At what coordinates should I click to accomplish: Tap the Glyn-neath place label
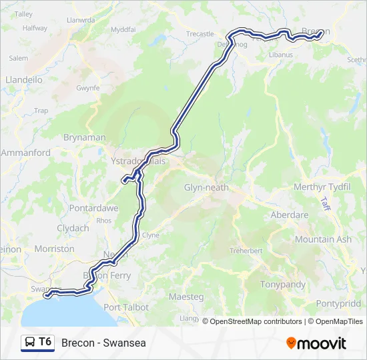[x=206, y=187]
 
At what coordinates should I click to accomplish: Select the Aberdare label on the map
[x=289, y=215]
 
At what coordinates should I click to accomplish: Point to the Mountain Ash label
[x=323, y=239]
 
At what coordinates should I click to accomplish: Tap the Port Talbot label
[x=126, y=307]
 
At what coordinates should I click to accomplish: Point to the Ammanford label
[x=26, y=153]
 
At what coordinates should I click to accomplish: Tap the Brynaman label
[x=84, y=137]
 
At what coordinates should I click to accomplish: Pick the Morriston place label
[x=54, y=249]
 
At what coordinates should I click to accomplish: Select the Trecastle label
[x=200, y=34]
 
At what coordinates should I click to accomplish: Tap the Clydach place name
[x=73, y=228]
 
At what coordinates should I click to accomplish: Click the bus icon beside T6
[x=30, y=342]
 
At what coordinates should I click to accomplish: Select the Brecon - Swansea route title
[x=103, y=343]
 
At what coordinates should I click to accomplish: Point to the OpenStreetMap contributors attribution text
[x=256, y=321]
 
